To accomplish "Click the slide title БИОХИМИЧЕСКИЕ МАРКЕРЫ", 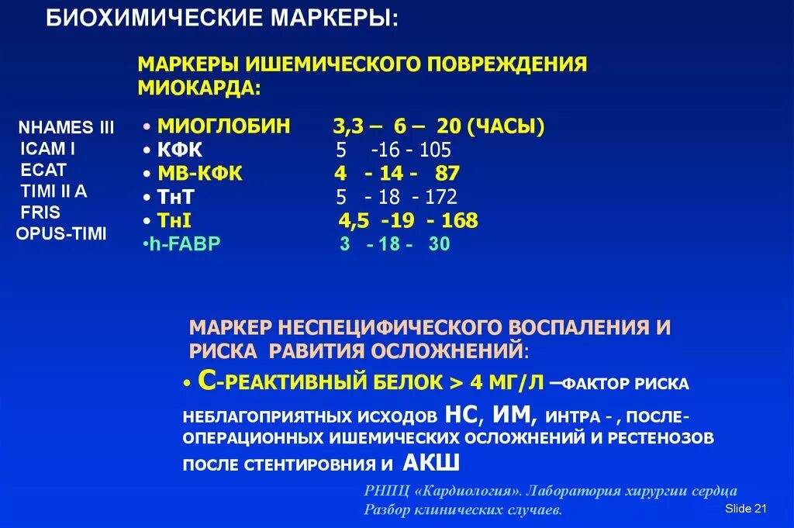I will (223, 19).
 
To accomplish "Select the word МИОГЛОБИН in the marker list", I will (223, 126).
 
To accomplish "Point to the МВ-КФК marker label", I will (200, 174).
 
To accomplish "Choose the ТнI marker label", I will (174, 220).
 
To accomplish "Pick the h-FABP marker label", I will (185, 244).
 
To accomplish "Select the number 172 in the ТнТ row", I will (441, 198).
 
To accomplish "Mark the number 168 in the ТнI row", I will (460, 220).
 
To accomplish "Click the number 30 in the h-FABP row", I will (439, 244).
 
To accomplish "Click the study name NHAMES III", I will (66, 128).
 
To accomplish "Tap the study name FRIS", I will (40, 212).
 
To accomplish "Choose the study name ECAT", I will (44, 170).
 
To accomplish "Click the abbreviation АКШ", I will (431, 464).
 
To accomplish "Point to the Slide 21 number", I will (745, 509).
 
